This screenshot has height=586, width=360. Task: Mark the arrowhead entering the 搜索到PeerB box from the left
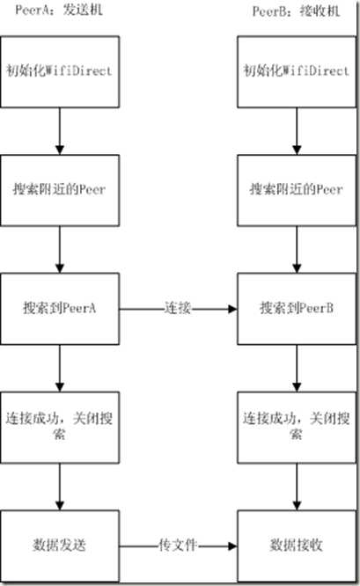click(232, 310)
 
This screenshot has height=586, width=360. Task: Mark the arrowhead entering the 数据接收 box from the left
click(232, 546)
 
